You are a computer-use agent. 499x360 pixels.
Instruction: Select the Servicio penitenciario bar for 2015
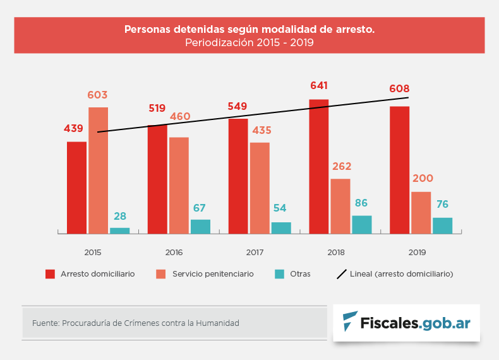point(98,171)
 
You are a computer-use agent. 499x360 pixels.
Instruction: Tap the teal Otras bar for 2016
point(200,227)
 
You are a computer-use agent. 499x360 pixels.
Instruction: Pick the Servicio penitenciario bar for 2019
point(421,213)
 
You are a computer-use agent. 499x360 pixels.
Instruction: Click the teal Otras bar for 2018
point(362,225)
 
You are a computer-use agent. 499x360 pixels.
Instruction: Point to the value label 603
point(97,95)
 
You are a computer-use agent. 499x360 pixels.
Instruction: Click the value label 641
point(319,86)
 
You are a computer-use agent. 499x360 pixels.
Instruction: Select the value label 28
point(120,216)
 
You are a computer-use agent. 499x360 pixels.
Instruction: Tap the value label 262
point(340,167)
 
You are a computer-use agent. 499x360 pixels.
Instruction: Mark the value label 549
point(237,107)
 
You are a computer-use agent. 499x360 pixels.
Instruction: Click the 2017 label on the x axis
point(255,253)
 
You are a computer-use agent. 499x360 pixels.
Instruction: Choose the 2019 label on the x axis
point(417,253)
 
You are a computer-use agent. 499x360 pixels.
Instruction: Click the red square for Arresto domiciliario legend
point(50,274)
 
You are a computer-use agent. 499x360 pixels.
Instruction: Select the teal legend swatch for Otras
point(279,274)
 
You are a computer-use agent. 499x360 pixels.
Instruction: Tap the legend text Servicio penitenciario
point(213,274)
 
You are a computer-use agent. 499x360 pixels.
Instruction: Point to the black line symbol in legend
point(342,274)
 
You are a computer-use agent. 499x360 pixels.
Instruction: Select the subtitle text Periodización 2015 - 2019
point(249,43)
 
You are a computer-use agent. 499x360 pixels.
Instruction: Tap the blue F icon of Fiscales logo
point(349,322)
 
